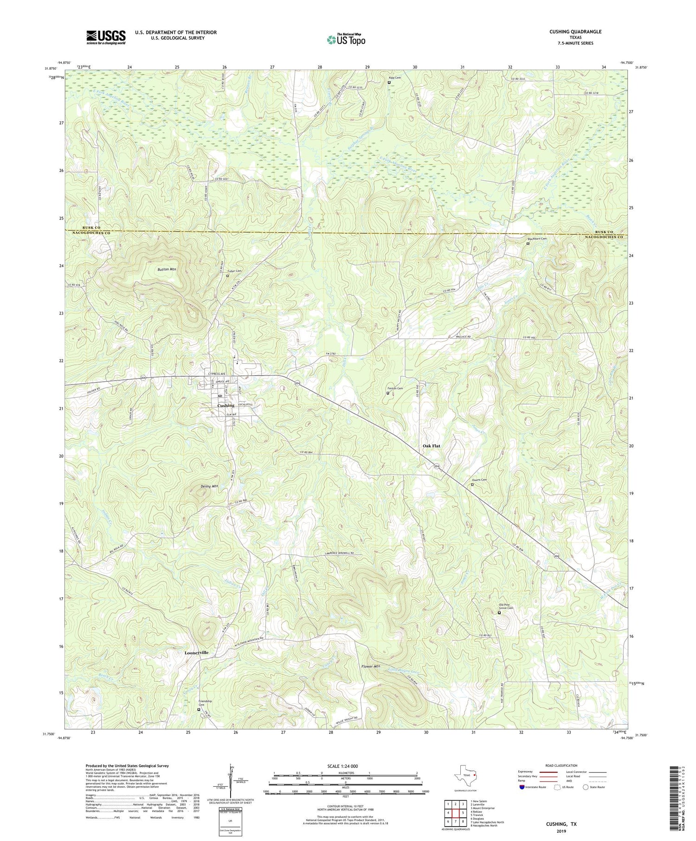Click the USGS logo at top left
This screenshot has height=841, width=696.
click(106, 37)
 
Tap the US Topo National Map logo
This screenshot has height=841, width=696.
click(346, 39)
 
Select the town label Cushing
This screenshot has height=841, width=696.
click(226, 405)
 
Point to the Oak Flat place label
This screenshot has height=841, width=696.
click(431, 446)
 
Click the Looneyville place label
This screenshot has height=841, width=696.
click(193, 653)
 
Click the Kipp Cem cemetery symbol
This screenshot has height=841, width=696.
click(389, 83)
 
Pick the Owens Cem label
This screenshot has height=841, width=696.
click(480, 480)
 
